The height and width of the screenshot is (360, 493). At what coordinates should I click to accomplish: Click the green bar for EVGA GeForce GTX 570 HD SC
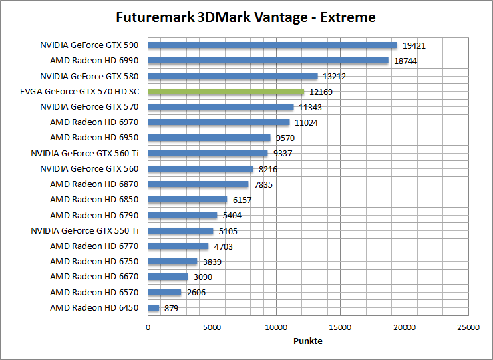226,92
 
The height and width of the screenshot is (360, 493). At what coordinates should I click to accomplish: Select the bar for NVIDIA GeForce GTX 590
272,45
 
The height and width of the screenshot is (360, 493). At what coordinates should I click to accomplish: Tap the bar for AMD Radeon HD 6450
154,308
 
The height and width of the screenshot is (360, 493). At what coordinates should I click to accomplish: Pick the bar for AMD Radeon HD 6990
267,61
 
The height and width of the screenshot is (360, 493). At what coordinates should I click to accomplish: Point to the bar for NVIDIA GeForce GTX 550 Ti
180,231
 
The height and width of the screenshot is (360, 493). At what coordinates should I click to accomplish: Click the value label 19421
414,46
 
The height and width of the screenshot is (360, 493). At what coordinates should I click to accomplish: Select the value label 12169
321,92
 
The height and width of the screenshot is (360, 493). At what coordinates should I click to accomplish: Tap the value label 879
170,309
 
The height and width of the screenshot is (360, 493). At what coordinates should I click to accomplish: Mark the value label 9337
283,154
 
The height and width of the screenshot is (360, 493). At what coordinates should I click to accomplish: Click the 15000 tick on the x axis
341,327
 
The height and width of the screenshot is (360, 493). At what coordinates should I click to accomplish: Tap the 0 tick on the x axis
148,327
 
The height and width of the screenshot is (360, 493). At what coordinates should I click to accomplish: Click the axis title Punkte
308,341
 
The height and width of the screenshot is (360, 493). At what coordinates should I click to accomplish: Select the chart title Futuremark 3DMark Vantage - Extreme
246,17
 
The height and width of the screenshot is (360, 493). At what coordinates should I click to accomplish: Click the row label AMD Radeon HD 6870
94,184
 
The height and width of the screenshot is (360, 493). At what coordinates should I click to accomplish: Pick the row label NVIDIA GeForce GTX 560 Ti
85,153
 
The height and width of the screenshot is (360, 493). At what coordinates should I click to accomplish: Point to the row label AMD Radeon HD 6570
94,292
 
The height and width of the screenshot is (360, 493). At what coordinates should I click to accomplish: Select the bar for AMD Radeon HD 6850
187,200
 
